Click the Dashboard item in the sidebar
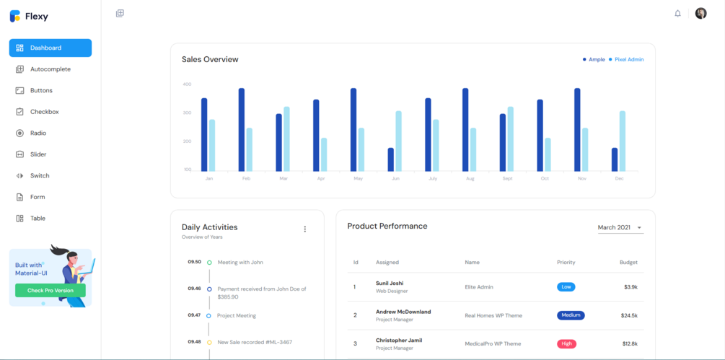pyautogui.click(x=50, y=48)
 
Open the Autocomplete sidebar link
pyautogui.click(x=50, y=69)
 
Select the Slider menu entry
pyautogui.click(x=38, y=154)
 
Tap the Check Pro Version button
pyautogui.click(x=50, y=290)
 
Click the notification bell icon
pyautogui.click(x=677, y=14)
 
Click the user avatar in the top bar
pyautogui.click(x=700, y=14)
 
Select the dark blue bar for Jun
pyautogui.click(x=391, y=159)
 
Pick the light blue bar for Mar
pyautogui.click(x=286, y=139)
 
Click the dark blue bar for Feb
pyautogui.click(x=242, y=129)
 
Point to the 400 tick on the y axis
pyautogui.click(x=187, y=84)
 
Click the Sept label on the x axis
pyautogui.click(x=507, y=178)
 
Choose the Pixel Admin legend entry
pyautogui.click(x=628, y=59)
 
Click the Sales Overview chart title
pyautogui.click(x=210, y=59)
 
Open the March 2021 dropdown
pyautogui.click(x=620, y=227)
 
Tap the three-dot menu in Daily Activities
pyautogui.click(x=304, y=229)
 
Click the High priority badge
pyautogui.click(x=566, y=343)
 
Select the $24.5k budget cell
pyautogui.click(x=628, y=315)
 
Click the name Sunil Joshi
pyautogui.click(x=390, y=283)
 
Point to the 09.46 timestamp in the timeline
pyautogui.click(x=194, y=289)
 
